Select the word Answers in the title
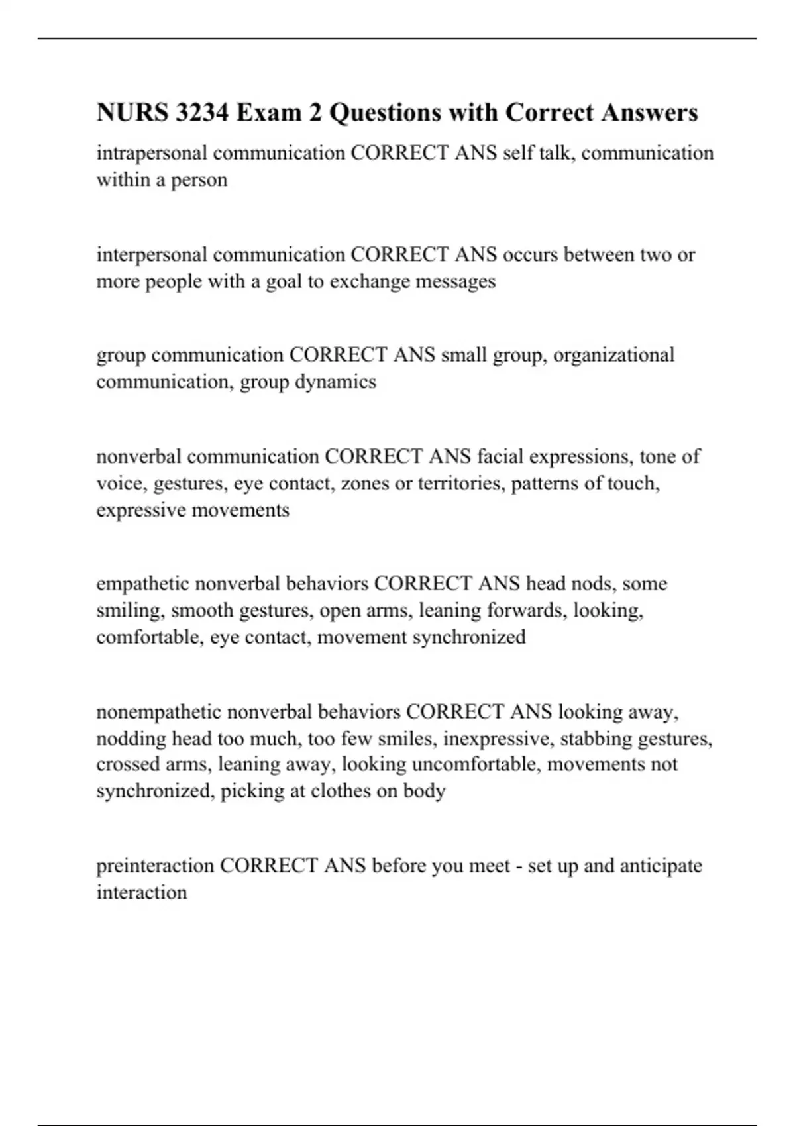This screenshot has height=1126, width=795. (x=650, y=113)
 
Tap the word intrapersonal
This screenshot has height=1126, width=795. (x=152, y=153)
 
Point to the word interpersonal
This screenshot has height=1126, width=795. (x=152, y=254)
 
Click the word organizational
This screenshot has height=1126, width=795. (x=613, y=355)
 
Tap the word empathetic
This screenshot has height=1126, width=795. (x=143, y=584)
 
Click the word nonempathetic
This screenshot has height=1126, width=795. (x=159, y=712)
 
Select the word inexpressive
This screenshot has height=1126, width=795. (x=498, y=739)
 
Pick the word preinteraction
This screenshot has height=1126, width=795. (x=155, y=866)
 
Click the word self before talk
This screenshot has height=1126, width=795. (x=514, y=153)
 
